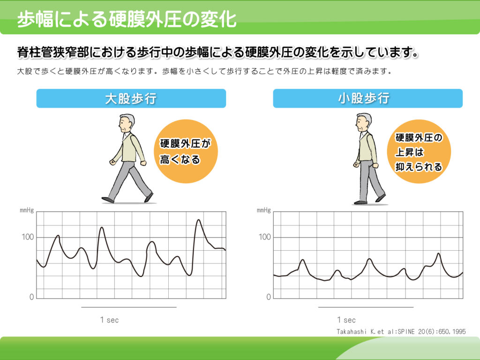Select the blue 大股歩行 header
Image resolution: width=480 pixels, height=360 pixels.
coord(131,98)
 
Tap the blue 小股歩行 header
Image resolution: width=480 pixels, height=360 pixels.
coord(367,98)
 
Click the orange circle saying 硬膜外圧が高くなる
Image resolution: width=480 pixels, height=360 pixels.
coord(186,151)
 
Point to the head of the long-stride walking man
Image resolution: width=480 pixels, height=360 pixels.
coord(126,123)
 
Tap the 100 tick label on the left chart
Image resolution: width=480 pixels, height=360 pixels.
coord(28,237)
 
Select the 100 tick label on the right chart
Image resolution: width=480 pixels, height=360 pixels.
coord(265,237)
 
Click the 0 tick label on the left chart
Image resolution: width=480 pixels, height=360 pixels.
coord(31,297)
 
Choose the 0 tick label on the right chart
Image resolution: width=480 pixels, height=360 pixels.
coord(269,297)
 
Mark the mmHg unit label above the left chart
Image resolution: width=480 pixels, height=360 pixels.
coord(27,210)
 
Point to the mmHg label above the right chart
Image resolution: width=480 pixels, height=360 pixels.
coord(264,210)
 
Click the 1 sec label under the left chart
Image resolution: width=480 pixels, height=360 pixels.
coord(109,320)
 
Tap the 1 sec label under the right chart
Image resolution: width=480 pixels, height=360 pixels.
coord(346,320)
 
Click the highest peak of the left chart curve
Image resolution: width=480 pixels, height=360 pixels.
coord(199,220)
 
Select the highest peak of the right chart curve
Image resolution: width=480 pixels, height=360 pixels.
coord(438,254)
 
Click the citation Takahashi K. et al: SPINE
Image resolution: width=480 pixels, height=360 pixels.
coord(401,331)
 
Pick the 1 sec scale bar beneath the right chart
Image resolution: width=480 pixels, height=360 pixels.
coord(366,307)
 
